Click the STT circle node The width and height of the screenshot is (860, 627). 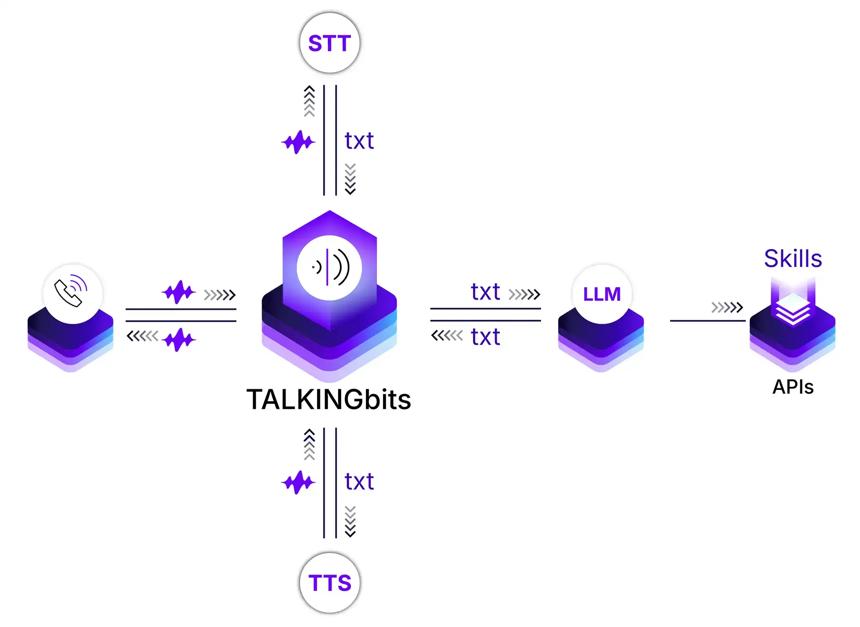pyautogui.click(x=330, y=43)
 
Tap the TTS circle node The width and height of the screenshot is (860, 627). pyautogui.click(x=330, y=583)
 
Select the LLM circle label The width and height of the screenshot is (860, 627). pyautogui.click(x=602, y=294)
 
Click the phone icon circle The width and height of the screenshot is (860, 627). pyautogui.click(x=73, y=293)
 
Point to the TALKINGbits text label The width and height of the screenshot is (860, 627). pyautogui.click(x=329, y=399)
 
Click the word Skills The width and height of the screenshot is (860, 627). pyautogui.click(x=793, y=258)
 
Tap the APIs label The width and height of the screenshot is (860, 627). pyautogui.click(x=793, y=387)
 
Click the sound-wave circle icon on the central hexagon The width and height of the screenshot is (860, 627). pyautogui.click(x=330, y=268)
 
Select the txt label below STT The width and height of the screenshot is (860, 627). pyautogui.click(x=359, y=141)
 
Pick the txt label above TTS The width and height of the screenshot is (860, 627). pyautogui.click(x=359, y=482)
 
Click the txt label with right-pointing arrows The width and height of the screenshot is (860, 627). pyautogui.click(x=486, y=292)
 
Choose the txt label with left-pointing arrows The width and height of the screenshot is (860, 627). pyautogui.click(x=486, y=337)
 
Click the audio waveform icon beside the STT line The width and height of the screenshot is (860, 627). pyautogui.click(x=298, y=142)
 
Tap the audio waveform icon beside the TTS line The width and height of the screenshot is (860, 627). pyautogui.click(x=298, y=483)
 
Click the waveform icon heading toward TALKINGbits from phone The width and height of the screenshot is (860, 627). pyautogui.click(x=179, y=292)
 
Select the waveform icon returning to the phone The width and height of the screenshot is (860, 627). pyautogui.click(x=179, y=339)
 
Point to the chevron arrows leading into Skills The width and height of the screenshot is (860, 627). pyautogui.click(x=727, y=308)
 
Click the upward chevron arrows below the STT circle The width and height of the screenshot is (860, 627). pyautogui.click(x=309, y=101)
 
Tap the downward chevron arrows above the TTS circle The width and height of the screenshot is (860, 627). pyautogui.click(x=350, y=521)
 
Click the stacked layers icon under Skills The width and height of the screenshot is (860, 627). pyautogui.click(x=793, y=309)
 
